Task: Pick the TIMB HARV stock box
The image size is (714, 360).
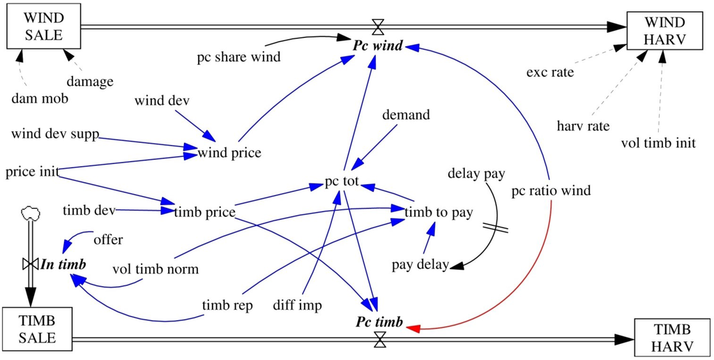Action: point(672,338)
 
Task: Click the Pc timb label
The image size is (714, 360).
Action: point(379,322)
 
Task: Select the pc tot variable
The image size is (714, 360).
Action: point(342,183)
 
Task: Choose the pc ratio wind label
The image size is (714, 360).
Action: point(551,190)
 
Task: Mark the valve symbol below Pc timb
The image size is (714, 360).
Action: point(379,340)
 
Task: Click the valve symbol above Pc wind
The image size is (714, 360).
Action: point(378,27)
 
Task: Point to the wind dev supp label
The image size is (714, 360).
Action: point(54,133)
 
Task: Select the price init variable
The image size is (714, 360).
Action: point(31,171)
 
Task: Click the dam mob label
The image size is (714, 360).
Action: point(40,98)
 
